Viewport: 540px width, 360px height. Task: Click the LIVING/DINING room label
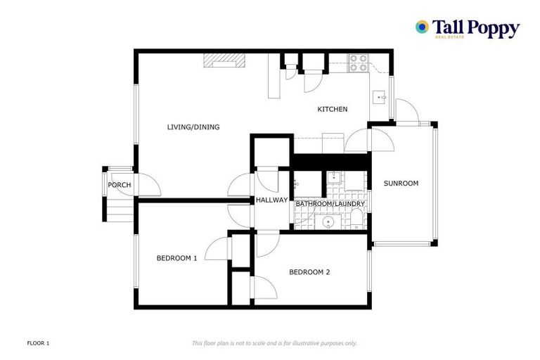coord(193,127)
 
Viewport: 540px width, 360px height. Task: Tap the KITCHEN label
coord(332,109)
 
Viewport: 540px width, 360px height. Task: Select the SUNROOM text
coord(401,184)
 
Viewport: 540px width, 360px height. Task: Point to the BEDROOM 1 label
coord(176,258)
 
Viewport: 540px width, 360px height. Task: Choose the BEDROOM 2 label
coord(309,272)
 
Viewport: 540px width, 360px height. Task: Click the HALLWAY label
coord(271,200)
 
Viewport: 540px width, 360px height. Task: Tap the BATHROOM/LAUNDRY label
coord(330,204)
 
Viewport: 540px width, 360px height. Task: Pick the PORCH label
coord(120,185)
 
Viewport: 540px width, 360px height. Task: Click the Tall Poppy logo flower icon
coord(422,27)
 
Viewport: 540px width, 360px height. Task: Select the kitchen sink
coord(380,96)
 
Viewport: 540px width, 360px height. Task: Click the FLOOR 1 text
coord(38,343)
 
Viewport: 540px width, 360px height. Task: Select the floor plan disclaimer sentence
coord(274,343)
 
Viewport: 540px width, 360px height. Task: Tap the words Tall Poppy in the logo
coord(476,27)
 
